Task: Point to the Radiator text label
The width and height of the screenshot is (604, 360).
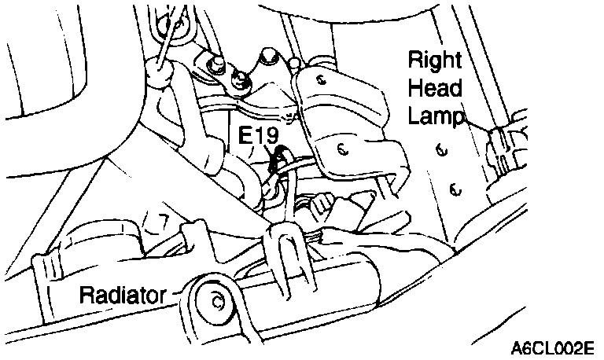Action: click(x=122, y=296)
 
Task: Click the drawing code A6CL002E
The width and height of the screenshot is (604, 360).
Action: click(x=552, y=347)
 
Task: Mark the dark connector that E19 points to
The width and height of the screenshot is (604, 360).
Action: click(x=277, y=163)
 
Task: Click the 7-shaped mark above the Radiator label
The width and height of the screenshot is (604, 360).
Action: click(x=164, y=222)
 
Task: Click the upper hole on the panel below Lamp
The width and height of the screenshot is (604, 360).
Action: click(x=440, y=148)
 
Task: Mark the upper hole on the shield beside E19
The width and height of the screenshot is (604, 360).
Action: click(x=322, y=79)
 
